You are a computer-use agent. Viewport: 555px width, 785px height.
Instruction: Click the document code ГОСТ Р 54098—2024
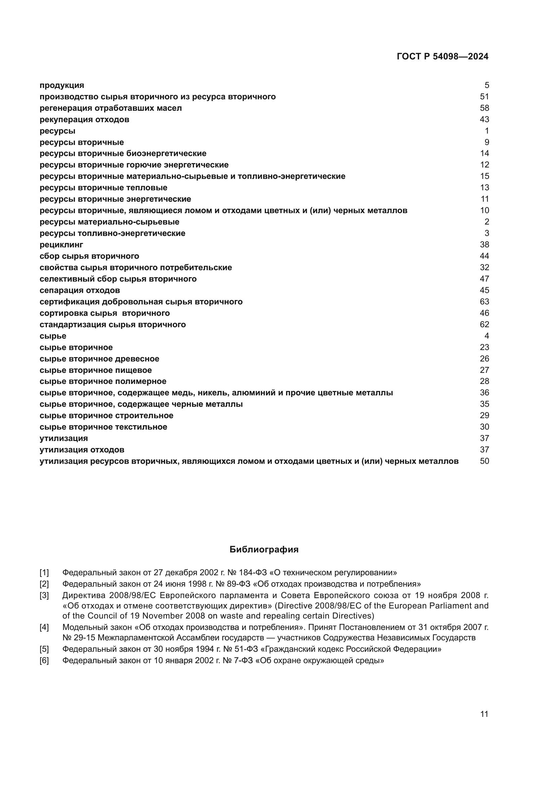click(x=443, y=56)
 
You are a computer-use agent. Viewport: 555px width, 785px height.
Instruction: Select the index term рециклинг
click(x=61, y=245)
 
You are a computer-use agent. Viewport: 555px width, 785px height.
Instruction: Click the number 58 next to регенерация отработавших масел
click(x=484, y=108)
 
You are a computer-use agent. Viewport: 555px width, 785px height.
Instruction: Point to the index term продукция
click(x=62, y=85)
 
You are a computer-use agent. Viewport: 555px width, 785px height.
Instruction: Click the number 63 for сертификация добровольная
click(x=484, y=302)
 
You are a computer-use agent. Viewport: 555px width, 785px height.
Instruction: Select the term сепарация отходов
click(x=80, y=290)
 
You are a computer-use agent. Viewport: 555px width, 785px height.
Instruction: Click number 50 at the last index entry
click(x=484, y=461)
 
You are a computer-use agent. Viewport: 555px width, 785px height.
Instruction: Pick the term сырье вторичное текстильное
click(x=103, y=427)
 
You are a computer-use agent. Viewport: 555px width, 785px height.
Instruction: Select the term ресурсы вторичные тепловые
click(x=103, y=188)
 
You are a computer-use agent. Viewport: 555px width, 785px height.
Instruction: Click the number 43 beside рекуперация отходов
click(x=484, y=119)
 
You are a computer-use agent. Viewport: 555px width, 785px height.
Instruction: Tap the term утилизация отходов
click(x=82, y=450)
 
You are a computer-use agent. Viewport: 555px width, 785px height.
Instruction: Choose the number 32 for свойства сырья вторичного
click(x=484, y=267)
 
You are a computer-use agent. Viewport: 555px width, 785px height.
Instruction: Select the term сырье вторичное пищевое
click(x=96, y=370)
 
